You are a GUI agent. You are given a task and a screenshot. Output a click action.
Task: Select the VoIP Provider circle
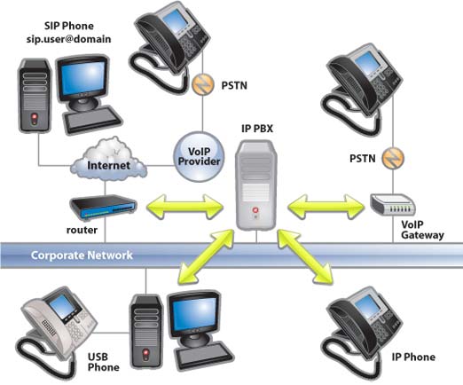coord(200,154)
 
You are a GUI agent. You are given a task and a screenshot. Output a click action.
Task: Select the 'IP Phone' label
coord(412,357)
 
